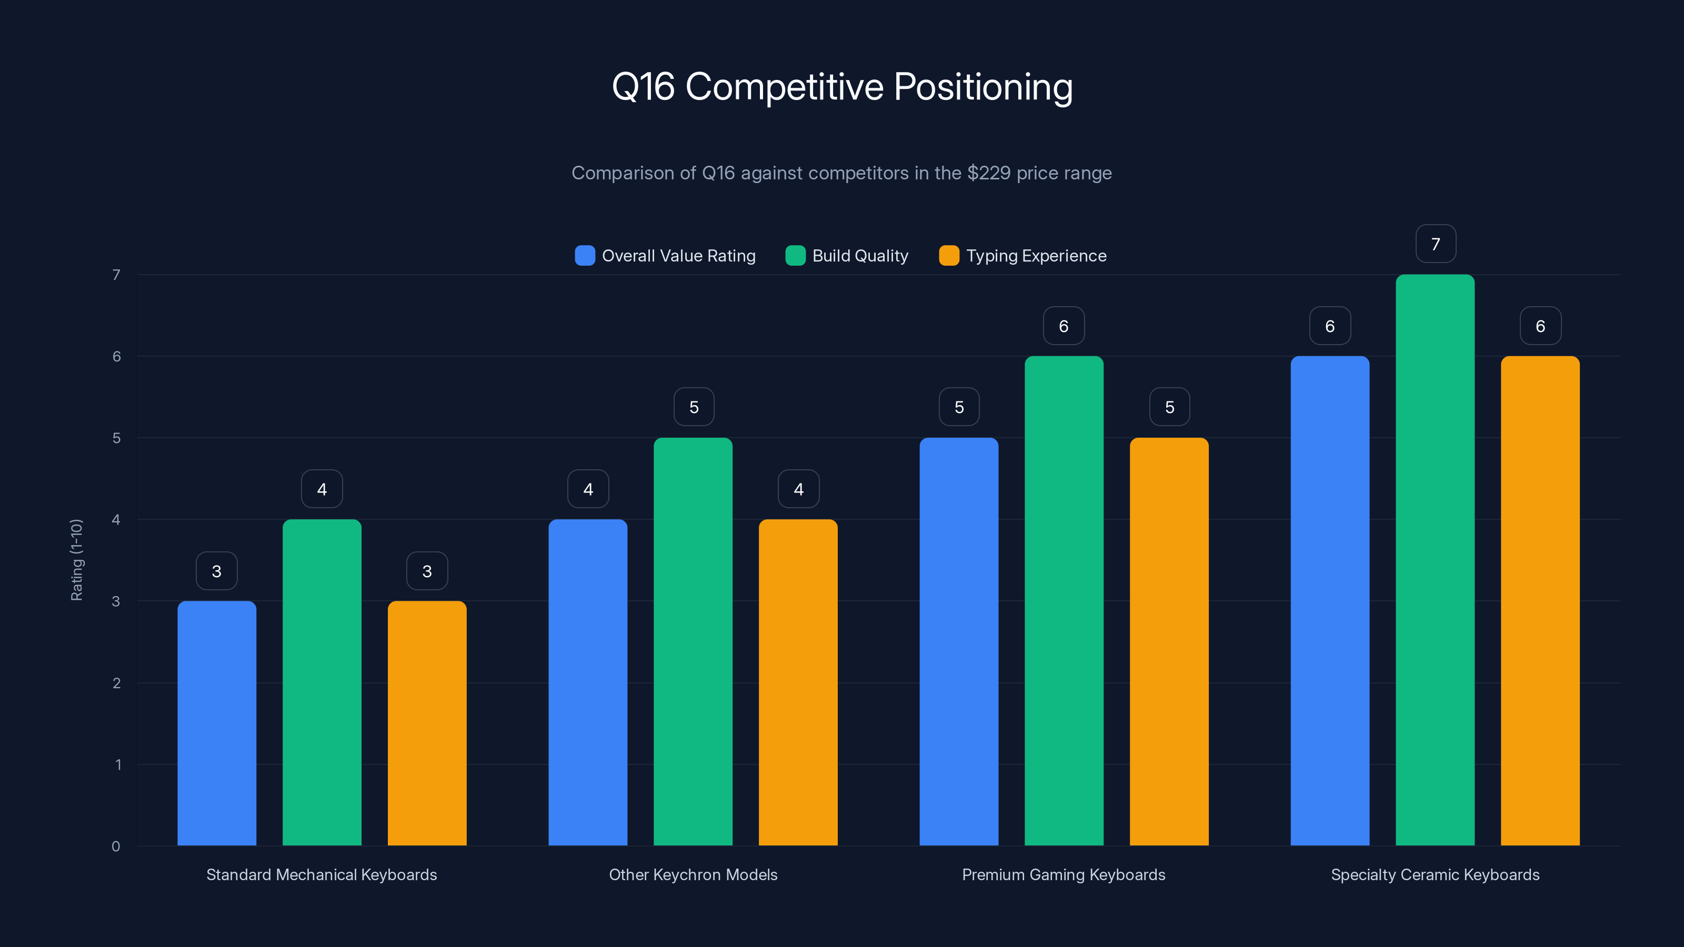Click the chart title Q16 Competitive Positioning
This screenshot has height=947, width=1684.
842,87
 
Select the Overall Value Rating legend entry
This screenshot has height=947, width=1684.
666,256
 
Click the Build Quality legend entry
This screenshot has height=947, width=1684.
847,256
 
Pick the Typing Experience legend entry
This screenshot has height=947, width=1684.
1023,256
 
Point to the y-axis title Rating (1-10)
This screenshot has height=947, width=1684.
76,560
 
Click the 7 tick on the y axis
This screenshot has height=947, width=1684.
116,275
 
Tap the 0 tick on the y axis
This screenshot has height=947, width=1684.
116,847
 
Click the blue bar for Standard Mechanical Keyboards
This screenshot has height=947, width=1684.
217,723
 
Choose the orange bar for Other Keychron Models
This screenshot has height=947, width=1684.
798,682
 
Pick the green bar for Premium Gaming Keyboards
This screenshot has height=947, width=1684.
1064,601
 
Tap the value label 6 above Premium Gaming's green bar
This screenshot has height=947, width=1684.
1064,326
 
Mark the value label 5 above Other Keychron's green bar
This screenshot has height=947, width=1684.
694,407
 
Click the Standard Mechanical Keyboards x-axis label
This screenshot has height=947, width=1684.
322,874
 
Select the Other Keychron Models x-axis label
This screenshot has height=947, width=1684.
693,874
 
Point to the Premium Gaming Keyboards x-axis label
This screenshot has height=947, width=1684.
1064,874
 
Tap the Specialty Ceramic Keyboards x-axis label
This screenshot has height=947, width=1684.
1435,874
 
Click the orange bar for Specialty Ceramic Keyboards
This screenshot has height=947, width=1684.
1540,601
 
